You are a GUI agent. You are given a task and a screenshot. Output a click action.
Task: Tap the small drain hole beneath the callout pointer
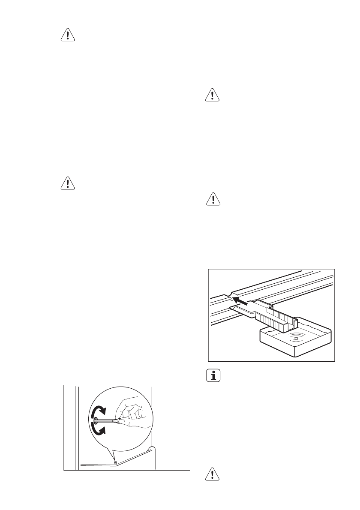115,462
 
